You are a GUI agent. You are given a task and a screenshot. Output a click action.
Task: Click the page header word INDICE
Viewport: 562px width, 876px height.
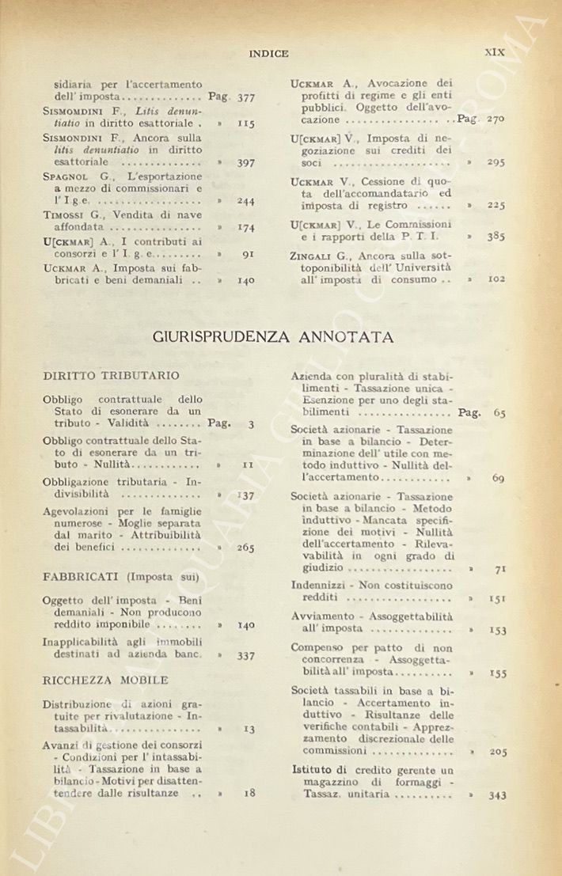coord(268,54)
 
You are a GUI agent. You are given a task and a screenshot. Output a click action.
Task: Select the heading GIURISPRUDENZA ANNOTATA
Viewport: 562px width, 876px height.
coord(272,338)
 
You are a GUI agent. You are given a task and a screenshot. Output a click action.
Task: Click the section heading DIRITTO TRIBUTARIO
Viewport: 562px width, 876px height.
coord(111,376)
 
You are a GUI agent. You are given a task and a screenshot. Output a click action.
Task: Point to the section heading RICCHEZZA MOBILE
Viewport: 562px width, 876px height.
coord(105,680)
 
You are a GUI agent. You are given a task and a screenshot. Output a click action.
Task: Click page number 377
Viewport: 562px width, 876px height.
coord(245,97)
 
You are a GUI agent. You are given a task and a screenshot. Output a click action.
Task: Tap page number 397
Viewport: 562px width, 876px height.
coord(245,162)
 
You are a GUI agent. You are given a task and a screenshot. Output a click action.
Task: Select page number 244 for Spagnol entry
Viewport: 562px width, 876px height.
coord(245,201)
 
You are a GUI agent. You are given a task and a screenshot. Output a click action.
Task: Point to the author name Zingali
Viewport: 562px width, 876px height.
coord(312,256)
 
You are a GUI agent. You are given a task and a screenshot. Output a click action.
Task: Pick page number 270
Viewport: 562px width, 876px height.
coord(496,119)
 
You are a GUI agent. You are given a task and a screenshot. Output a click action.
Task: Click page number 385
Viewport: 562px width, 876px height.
coord(496,236)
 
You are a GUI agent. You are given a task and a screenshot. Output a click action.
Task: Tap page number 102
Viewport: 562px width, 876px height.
coord(496,279)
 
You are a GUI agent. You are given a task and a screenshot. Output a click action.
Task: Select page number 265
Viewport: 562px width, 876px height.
coord(245,548)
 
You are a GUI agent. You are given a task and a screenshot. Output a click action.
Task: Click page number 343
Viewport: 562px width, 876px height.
coord(497,795)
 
